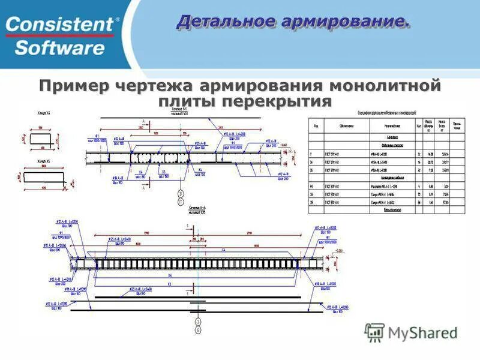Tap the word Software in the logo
point(59,47)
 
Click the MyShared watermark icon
point(375,332)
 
